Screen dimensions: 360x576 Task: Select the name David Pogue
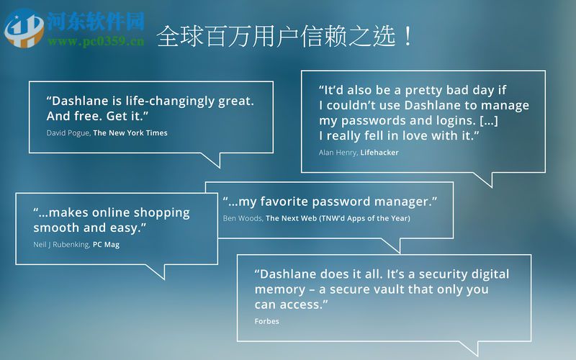68,133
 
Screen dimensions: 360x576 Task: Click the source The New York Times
130,133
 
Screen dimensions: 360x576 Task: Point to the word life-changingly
165,101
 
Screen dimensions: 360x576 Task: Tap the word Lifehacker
379,153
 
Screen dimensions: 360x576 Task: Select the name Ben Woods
242,218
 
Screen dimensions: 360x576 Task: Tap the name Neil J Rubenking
61,245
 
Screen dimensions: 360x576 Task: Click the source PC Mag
106,245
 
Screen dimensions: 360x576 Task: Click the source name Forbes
266,321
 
